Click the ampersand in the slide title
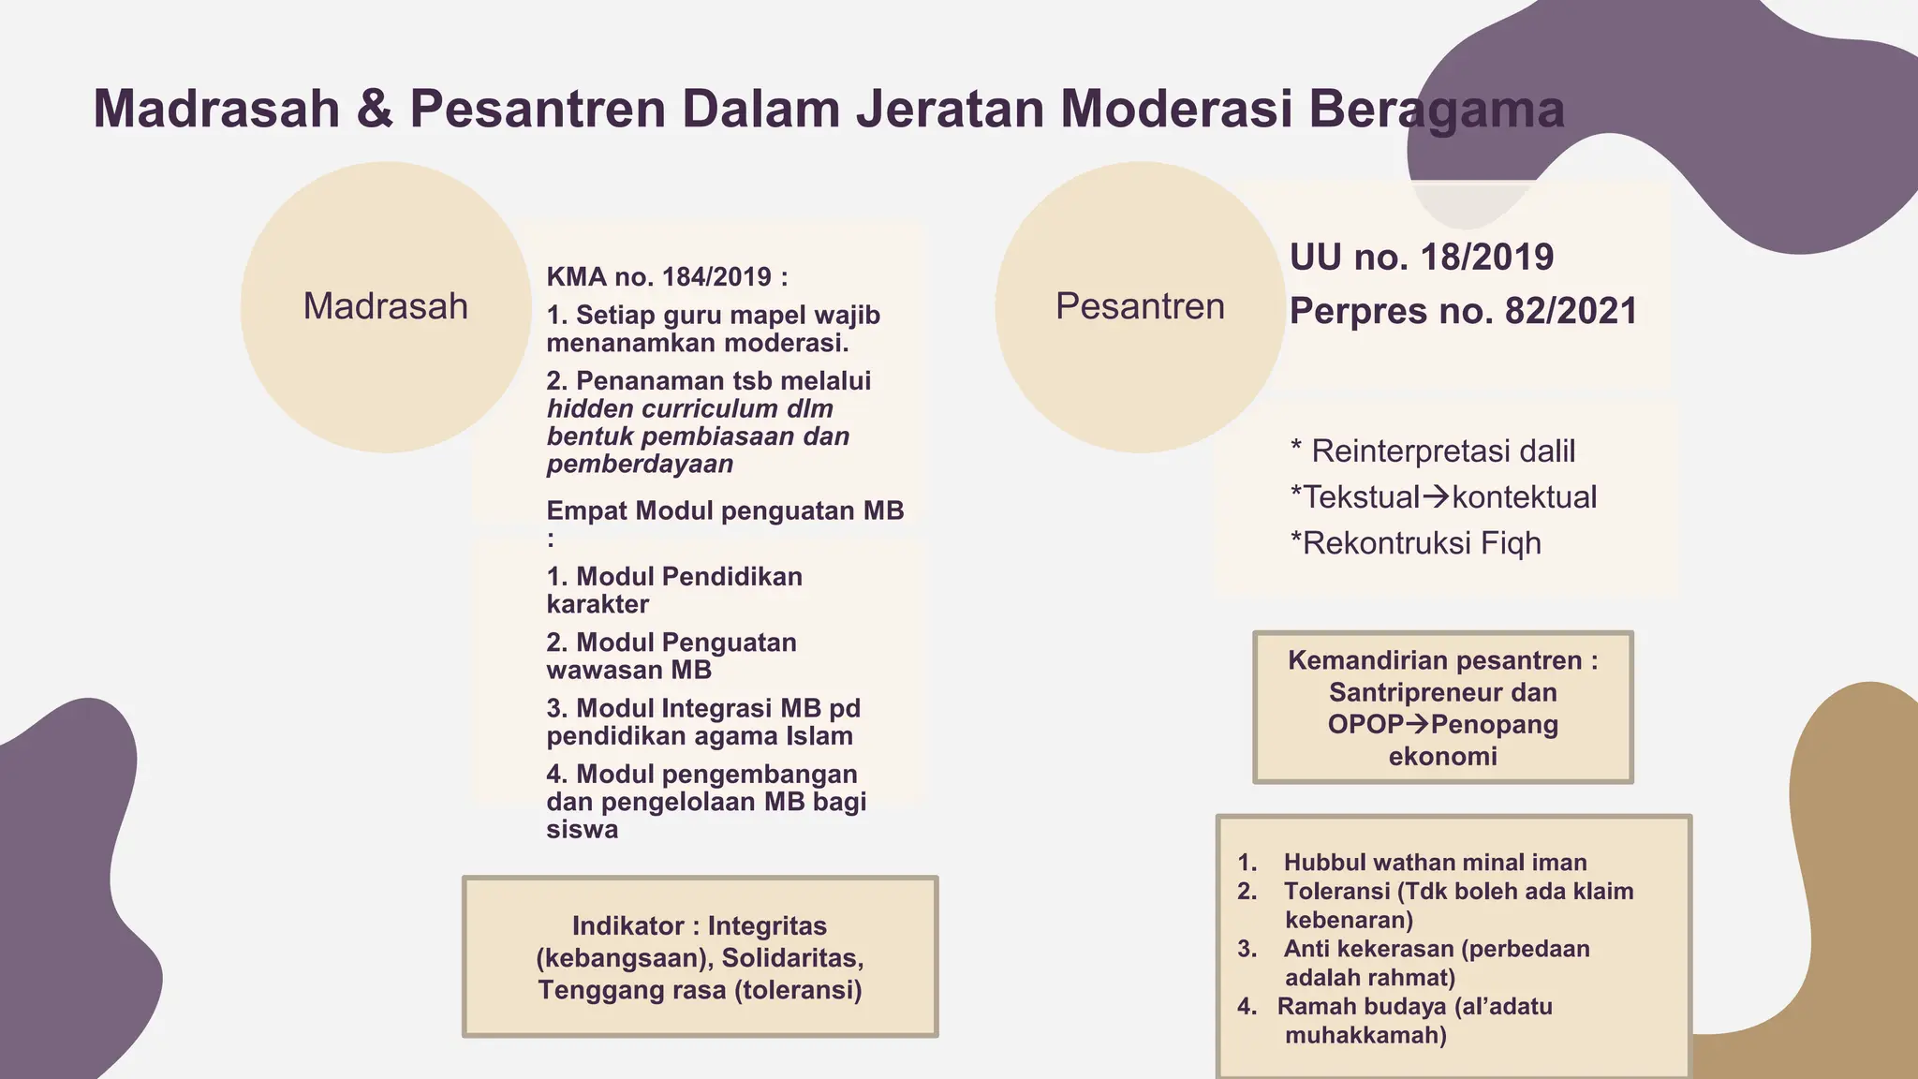tap(375, 109)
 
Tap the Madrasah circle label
tap(385, 306)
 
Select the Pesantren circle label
tap(1140, 306)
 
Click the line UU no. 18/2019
tap(1421, 257)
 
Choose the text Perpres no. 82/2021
tap(1463, 311)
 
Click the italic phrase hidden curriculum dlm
tap(689, 408)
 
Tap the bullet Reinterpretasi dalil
tap(1442, 451)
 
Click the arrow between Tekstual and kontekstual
tap(1436, 496)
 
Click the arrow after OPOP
tap(1417, 724)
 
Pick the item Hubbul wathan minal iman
tap(1435, 862)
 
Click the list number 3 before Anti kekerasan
tap(1247, 948)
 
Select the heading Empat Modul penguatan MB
tap(725, 510)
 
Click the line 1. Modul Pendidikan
tap(674, 576)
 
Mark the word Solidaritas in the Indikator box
tap(791, 957)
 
